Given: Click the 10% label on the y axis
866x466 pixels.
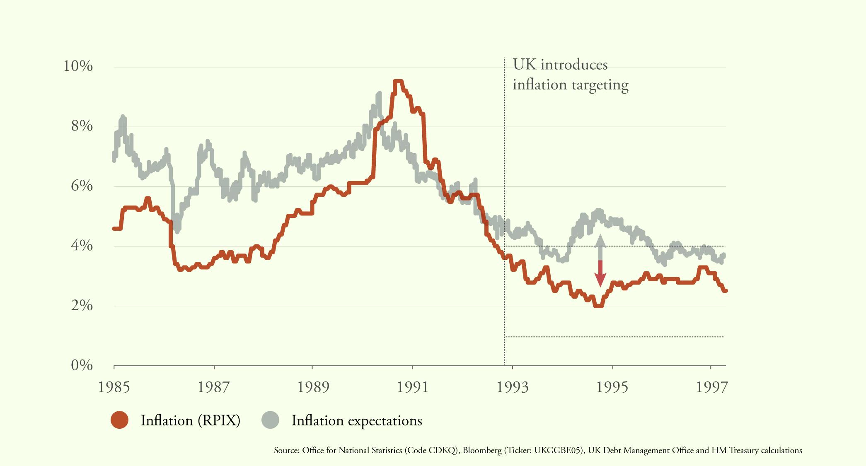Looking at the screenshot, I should point(77,66).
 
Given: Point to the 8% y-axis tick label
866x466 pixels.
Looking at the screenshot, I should point(82,126).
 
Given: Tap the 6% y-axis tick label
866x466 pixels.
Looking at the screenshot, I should point(82,186).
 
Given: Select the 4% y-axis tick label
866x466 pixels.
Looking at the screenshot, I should point(82,246).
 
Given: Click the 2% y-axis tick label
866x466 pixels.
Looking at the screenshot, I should point(82,306).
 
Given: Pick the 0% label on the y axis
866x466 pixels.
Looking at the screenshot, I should point(82,365).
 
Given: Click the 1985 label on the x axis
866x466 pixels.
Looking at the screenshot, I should point(114,387).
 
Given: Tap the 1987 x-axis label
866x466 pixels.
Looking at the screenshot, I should point(214,387).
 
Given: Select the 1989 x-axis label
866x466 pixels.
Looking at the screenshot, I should point(314,387).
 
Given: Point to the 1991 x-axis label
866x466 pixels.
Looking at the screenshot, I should point(413,387).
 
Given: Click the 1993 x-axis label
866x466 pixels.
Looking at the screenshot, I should point(513,387).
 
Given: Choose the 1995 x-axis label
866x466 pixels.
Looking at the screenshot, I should point(612,387).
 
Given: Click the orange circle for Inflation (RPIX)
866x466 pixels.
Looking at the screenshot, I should point(120,420).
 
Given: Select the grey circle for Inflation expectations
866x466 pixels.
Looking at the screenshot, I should point(270,420).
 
